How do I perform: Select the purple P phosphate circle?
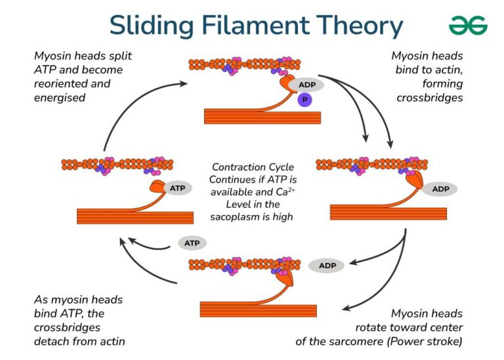click(303, 100)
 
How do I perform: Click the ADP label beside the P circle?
click(306, 85)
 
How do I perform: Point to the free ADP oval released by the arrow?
click(326, 266)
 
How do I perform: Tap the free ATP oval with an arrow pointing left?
click(192, 243)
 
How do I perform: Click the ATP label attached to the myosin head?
click(177, 188)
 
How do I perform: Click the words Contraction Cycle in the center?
click(253, 168)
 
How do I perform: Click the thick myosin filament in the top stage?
click(262, 117)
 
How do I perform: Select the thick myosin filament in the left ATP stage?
click(135, 217)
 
